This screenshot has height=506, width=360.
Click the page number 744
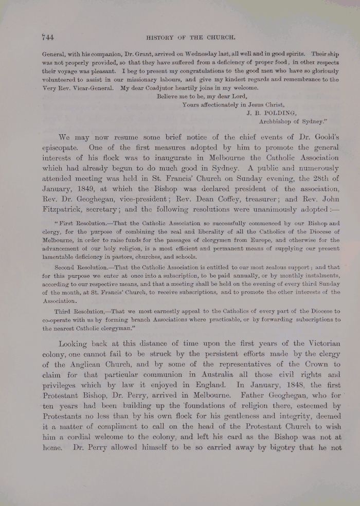(48, 37)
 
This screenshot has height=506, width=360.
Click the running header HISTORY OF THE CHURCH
(190, 37)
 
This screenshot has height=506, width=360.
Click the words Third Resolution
(77, 312)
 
